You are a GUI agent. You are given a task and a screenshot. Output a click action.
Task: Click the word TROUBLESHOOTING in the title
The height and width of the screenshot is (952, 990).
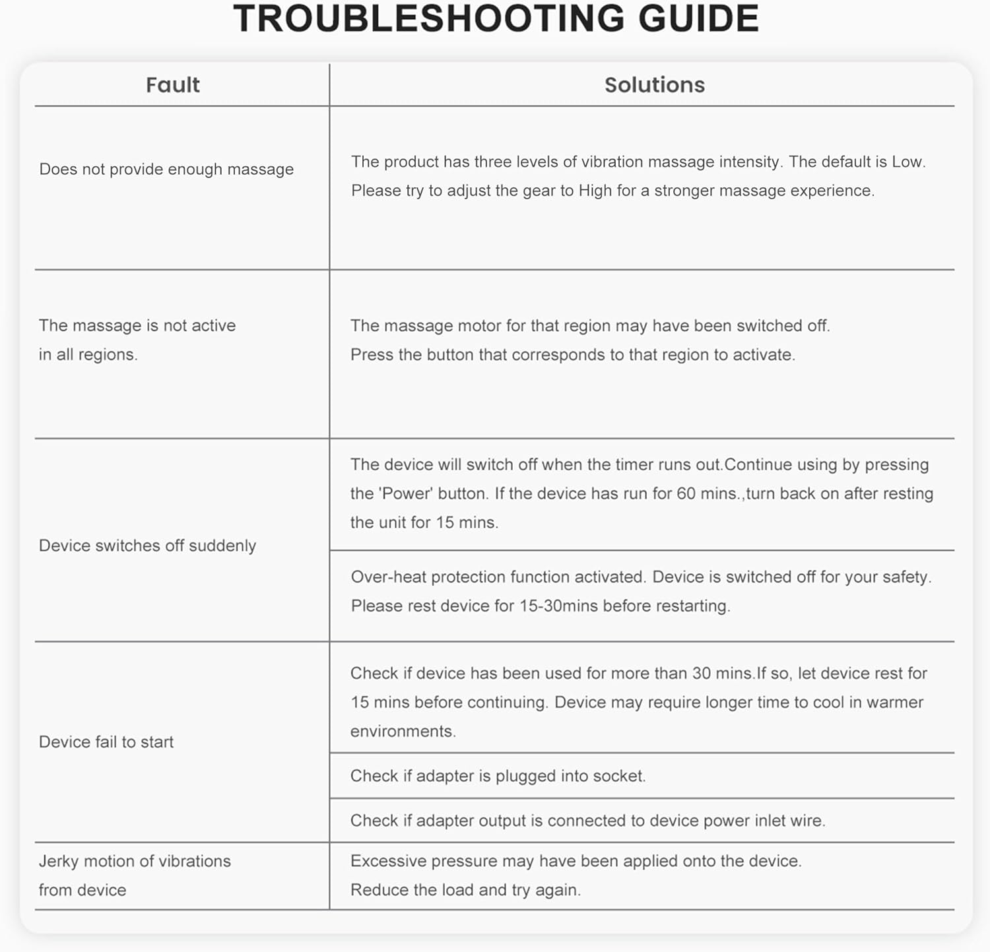[x=428, y=18]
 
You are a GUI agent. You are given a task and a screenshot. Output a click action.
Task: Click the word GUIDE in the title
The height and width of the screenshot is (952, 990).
[x=698, y=18]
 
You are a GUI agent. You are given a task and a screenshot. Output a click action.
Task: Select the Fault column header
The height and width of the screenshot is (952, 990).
[x=172, y=85]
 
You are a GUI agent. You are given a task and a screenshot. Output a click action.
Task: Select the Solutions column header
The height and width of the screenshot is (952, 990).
[x=654, y=85]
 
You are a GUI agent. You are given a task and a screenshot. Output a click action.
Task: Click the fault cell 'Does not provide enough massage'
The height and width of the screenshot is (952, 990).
[x=166, y=170]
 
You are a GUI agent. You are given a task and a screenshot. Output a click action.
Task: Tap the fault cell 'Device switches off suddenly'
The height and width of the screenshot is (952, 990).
[x=147, y=546]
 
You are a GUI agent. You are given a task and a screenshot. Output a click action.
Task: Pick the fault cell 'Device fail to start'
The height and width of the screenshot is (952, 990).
[x=106, y=742]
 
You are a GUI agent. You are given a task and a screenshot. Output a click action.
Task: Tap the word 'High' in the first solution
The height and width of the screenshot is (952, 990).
[x=595, y=191]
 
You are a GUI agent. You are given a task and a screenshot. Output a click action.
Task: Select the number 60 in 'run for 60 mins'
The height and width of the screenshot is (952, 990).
[x=686, y=493]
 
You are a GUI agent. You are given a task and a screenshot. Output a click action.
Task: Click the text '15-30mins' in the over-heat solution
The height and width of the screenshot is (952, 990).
[x=558, y=606]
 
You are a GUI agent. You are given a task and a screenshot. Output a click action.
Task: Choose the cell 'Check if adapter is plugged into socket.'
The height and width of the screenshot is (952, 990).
[x=498, y=776]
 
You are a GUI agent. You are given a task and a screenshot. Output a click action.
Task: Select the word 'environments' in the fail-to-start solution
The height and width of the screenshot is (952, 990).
[x=401, y=731]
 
